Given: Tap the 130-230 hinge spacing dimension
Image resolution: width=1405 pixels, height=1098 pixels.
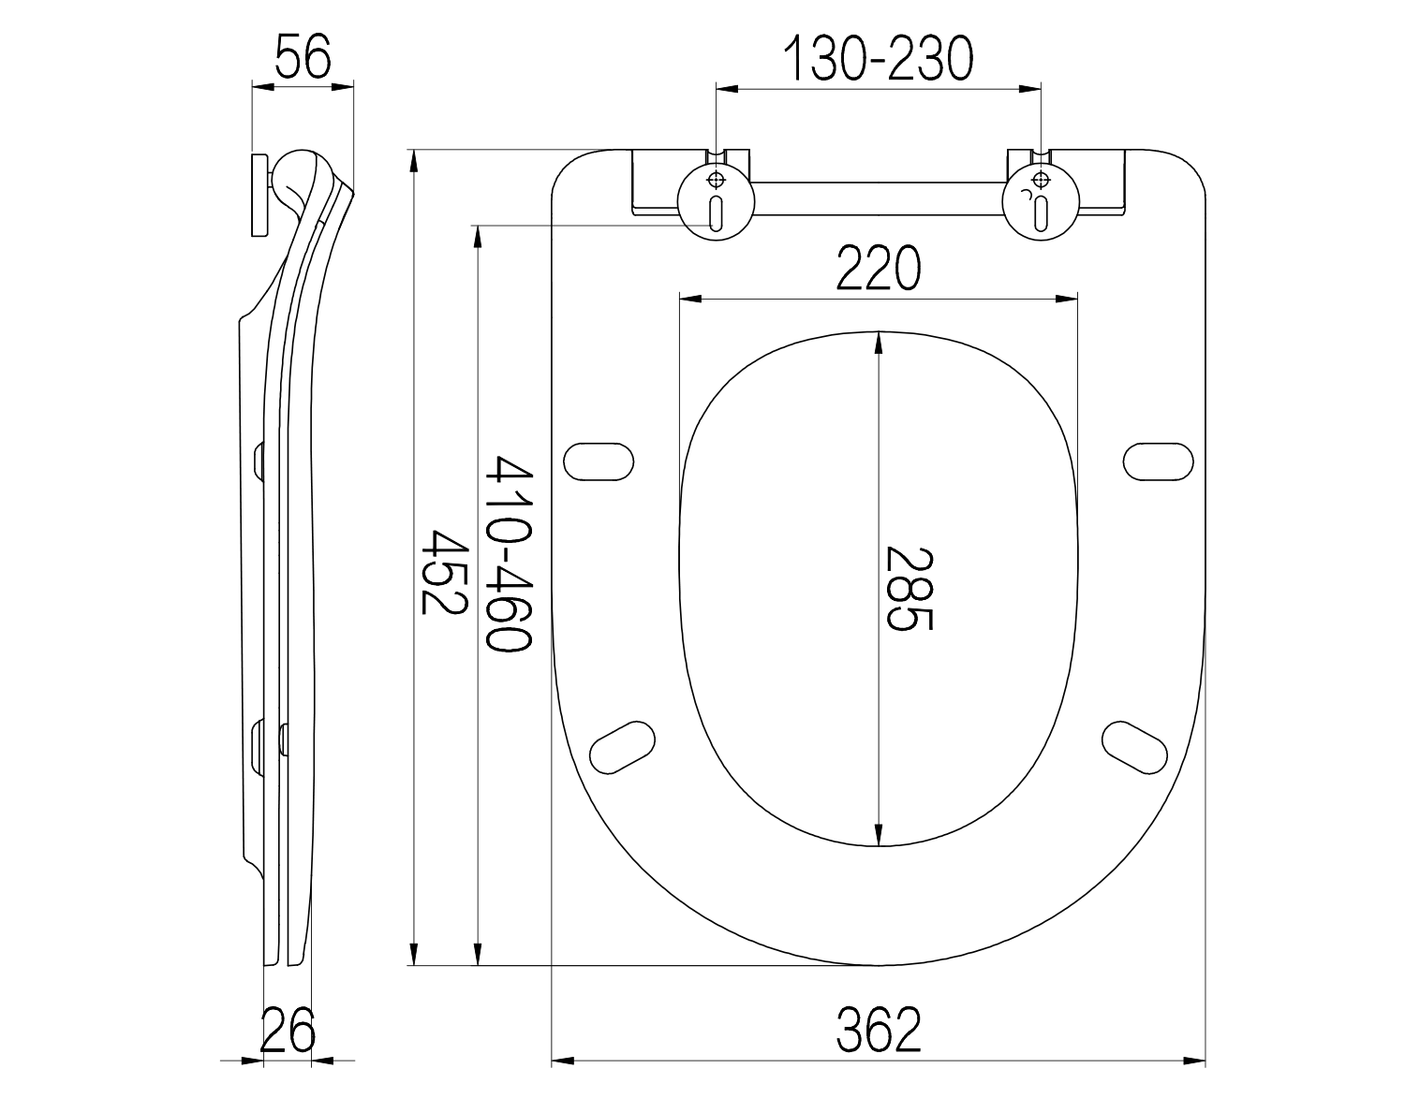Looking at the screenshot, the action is (878, 59).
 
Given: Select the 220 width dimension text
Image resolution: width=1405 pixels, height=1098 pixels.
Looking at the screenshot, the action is (878, 268).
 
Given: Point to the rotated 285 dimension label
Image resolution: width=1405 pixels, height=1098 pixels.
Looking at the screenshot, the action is (909, 589).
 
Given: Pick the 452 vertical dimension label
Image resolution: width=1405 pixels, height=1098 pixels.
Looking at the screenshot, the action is (444, 572).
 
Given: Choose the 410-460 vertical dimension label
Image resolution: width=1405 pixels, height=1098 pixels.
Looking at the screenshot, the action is (510, 553).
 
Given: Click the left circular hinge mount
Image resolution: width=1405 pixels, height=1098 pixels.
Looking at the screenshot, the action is (716, 202).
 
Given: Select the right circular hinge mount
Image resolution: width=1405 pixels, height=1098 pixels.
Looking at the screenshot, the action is (1041, 202).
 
